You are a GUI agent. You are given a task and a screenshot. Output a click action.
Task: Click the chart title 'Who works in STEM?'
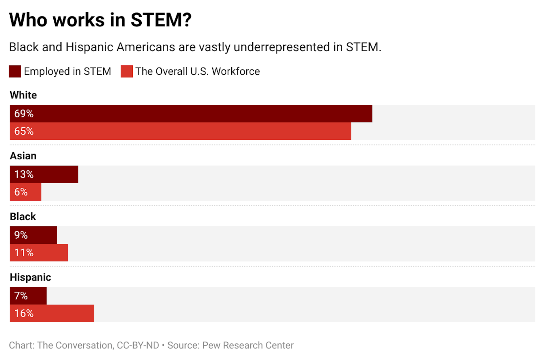(x=100, y=20)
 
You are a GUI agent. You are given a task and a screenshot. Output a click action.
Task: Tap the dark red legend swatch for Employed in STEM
(x=15, y=71)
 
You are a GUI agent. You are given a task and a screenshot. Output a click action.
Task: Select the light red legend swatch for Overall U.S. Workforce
(x=127, y=71)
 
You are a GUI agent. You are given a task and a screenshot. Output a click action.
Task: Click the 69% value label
(x=24, y=114)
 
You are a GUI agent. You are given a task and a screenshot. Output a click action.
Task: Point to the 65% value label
(x=24, y=131)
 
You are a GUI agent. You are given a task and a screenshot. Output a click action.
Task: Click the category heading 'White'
(x=23, y=95)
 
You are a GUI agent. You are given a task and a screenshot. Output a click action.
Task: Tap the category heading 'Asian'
(x=23, y=156)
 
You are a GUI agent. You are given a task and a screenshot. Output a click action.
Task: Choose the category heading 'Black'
(x=23, y=216)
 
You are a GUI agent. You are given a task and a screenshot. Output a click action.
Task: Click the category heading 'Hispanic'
(x=30, y=277)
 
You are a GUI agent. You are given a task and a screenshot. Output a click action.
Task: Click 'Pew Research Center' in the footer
(x=248, y=345)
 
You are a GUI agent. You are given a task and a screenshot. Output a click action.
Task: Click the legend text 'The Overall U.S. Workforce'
(x=198, y=71)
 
